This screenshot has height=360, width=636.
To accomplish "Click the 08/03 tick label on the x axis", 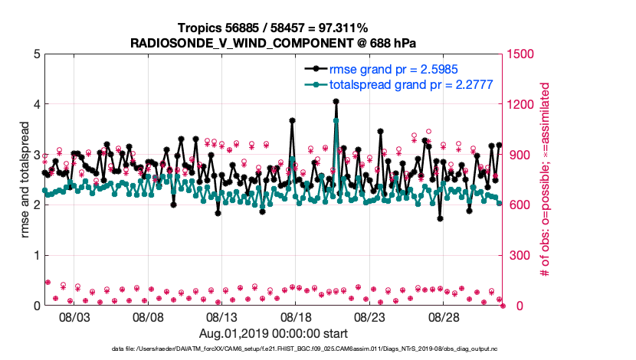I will pos(74,316).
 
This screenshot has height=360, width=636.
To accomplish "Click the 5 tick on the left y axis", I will pos(36,54).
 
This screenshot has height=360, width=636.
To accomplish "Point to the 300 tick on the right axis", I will pos(518,255).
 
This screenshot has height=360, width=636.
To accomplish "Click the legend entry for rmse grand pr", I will pos(393,69).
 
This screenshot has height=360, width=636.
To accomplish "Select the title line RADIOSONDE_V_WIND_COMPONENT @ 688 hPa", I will pos(273,41).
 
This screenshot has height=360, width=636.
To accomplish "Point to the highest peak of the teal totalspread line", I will pos(336,121).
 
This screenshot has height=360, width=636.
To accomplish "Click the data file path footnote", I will pos(274,349).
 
